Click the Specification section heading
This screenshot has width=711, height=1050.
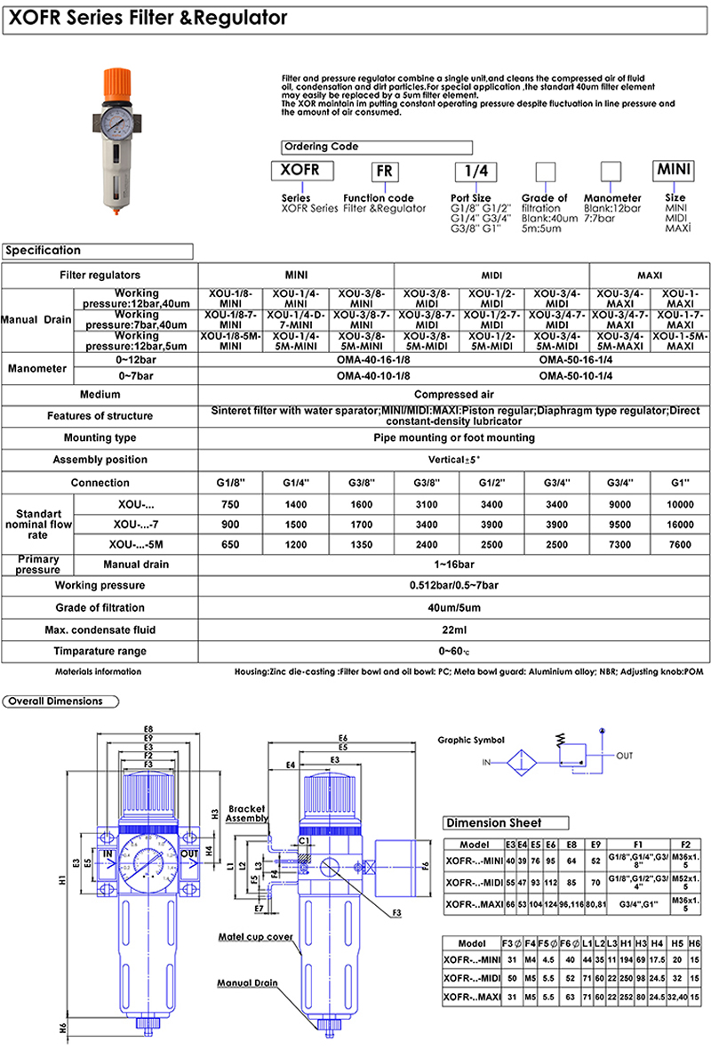[x=44, y=251]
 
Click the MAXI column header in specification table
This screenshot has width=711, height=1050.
[x=650, y=276]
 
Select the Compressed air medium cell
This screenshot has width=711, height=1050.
[x=453, y=394]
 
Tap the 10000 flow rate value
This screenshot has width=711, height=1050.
[x=681, y=504]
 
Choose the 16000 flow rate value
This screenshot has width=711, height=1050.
[x=681, y=525]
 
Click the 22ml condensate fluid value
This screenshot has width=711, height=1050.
[x=453, y=629]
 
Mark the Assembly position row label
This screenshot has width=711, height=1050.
[x=100, y=460]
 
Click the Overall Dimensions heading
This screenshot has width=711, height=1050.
[x=55, y=701]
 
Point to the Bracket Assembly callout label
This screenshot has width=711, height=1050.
[x=247, y=814]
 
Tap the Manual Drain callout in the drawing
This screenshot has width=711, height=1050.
[x=247, y=983]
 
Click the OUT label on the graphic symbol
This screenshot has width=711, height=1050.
[x=625, y=756]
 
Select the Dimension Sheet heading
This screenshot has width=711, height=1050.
[x=494, y=823]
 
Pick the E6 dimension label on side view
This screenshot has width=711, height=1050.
[x=342, y=738]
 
